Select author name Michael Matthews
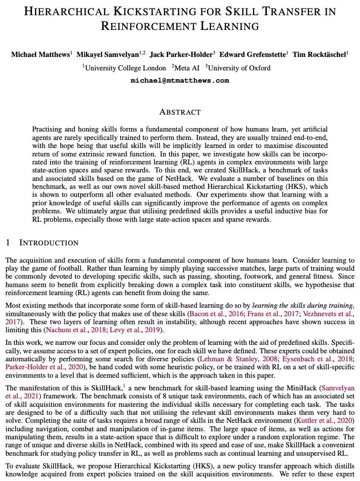40,54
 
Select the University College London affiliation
125,68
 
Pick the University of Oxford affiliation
239,68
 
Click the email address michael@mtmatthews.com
180,81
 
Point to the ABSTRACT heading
180,112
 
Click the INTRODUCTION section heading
49,243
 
